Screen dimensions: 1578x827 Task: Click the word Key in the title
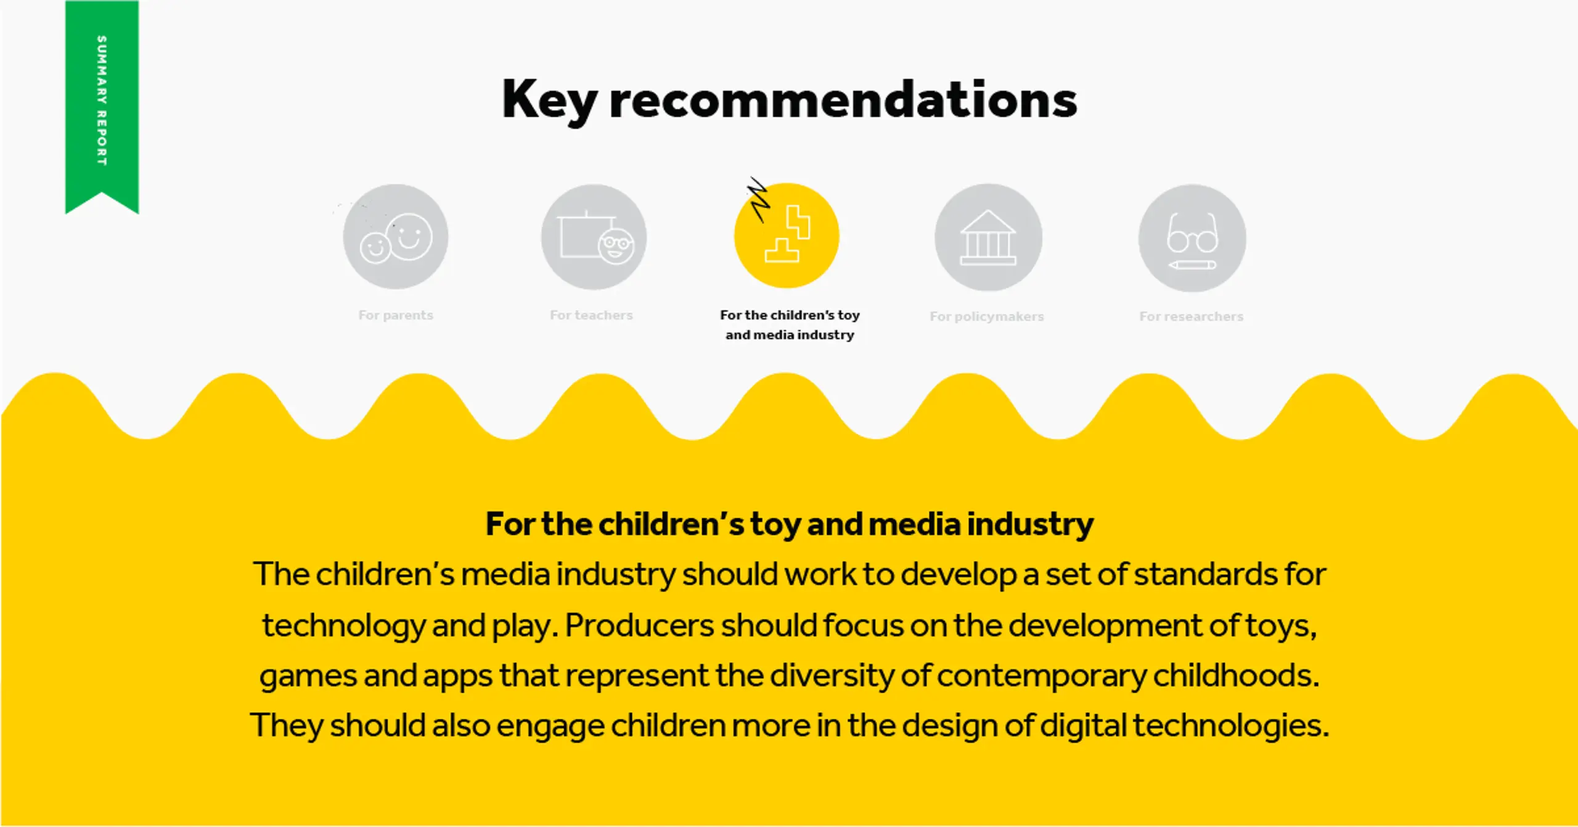(x=549, y=99)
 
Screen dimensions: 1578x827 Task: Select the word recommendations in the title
(x=843, y=99)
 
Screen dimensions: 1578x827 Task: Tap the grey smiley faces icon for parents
(x=396, y=237)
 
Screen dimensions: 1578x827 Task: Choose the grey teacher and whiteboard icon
(x=594, y=237)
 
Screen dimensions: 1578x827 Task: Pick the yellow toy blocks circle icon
(x=787, y=236)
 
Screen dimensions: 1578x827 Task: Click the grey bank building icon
(x=988, y=237)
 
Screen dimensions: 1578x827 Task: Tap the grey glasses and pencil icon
(x=1192, y=238)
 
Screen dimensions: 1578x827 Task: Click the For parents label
(x=396, y=315)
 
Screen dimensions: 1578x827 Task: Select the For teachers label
(x=591, y=315)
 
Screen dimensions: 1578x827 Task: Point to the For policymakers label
(x=987, y=316)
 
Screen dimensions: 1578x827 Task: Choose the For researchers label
(x=1191, y=316)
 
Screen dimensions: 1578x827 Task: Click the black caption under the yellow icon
(x=790, y=325)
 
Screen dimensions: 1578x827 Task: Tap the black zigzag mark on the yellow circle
(x=759, y=199)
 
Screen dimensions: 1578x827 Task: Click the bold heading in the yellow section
(x=790, y=525)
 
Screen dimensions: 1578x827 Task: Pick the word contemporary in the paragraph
(x=1042, y=677)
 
